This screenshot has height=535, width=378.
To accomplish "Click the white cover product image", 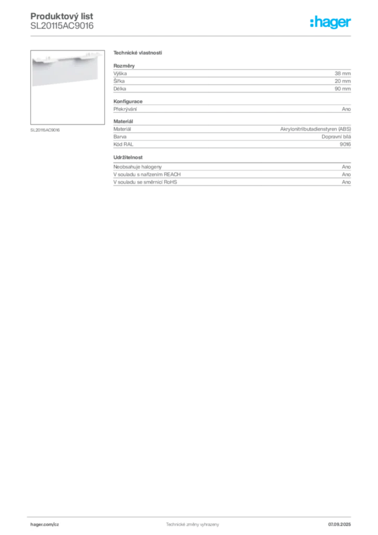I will click(x=65, y=71).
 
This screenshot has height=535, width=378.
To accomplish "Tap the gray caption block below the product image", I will click(x=46, y=130).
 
